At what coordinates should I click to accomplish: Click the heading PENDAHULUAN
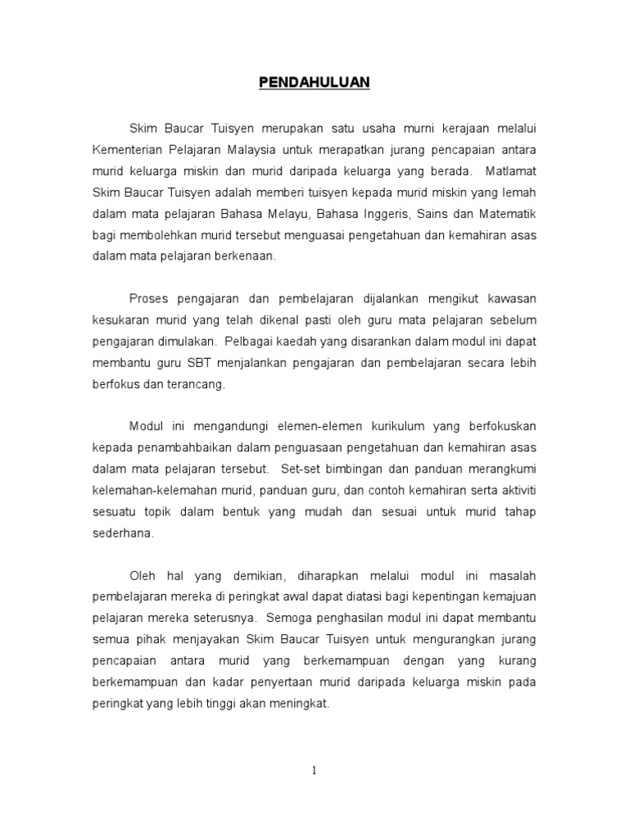[314, 82]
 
